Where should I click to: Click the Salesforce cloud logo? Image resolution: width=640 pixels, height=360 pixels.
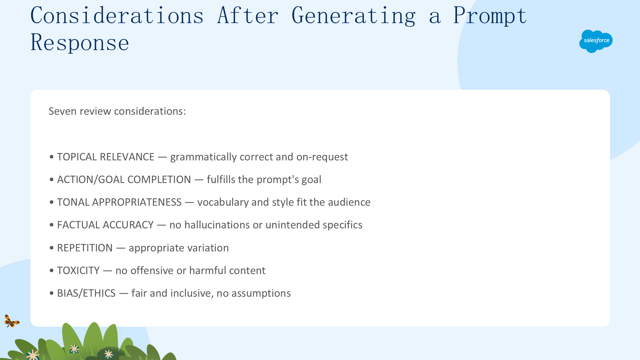point(596,41)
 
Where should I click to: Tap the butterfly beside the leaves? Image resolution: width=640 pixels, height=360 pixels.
point(12,321)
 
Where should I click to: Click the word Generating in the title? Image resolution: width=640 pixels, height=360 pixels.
point(354,16)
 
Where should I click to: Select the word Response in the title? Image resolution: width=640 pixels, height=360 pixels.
point(80,42)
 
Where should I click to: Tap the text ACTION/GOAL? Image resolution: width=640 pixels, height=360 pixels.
point(91,179)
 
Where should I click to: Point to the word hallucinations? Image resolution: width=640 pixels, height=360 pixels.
point(217,225)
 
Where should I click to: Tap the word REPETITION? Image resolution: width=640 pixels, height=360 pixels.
point(85,248)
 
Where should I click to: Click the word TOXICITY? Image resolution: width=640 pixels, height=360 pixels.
point(78,270)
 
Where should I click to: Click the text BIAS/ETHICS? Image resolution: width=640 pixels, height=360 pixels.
point(86,293)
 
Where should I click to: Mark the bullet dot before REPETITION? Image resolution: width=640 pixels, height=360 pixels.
point(51,248)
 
